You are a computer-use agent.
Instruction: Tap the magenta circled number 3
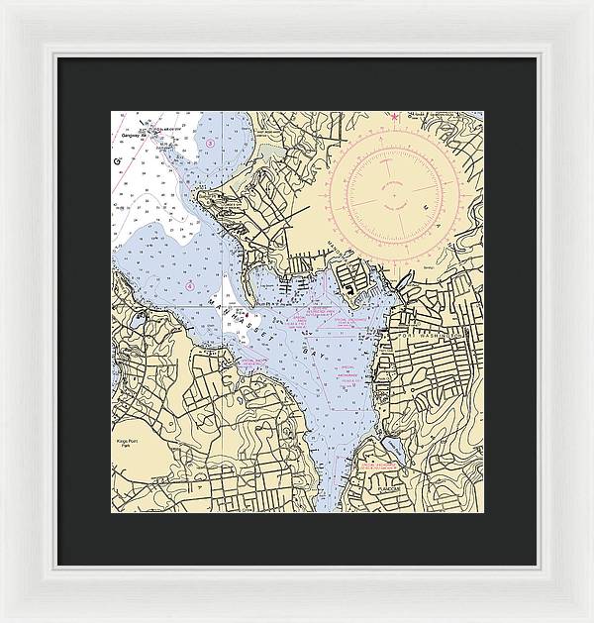[x=210, y=143]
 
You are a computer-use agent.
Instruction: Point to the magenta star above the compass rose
[x=395, y=119]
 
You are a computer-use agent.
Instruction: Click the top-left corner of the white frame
[x=2, y=2]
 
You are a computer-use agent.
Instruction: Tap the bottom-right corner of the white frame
[x=591, y=620]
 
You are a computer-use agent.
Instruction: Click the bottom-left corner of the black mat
[x=56, y=565]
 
